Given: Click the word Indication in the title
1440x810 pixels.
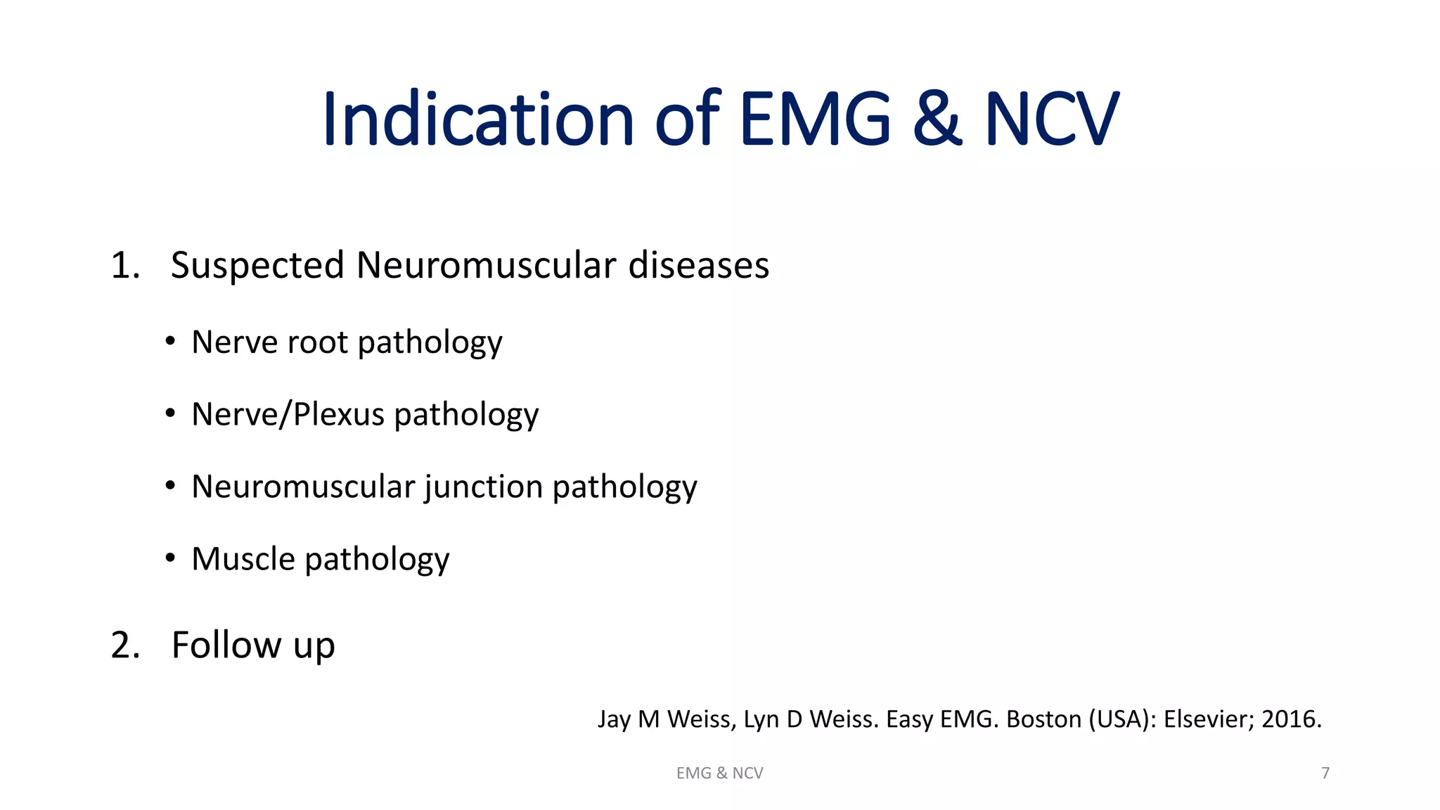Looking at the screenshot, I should pyautogui.click(x=479, y=119).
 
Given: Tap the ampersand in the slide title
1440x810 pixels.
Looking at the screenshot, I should pyautogui.click(x=937, y=119).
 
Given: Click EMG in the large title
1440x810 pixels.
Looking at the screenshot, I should pyautogui.click(x=815, y=119).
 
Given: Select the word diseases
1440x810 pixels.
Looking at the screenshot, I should pyautogui.click(x=698, y=266).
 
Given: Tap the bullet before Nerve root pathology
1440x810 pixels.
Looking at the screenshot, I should pyautogui.click(x=170, y=342).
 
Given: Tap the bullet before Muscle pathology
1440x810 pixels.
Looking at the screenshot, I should pyautogui.click(x=170, y=558).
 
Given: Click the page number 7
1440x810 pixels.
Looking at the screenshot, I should pyautogui.click(x=1325, y=773).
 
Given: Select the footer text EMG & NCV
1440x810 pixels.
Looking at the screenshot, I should pyautogui.click(x=719, y=773).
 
